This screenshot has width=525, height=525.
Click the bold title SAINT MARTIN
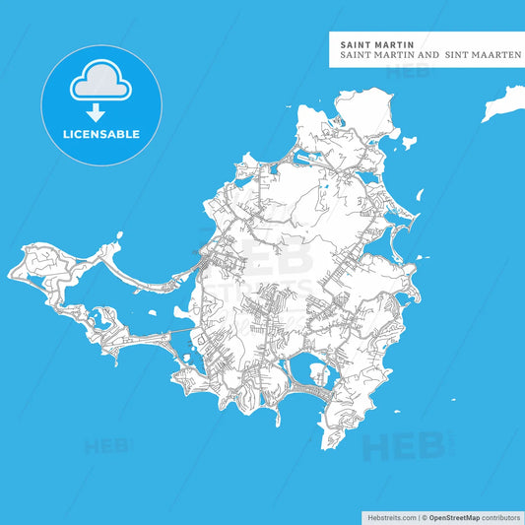376,43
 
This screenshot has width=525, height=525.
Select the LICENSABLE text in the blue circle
102,133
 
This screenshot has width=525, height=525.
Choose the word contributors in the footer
499,515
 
